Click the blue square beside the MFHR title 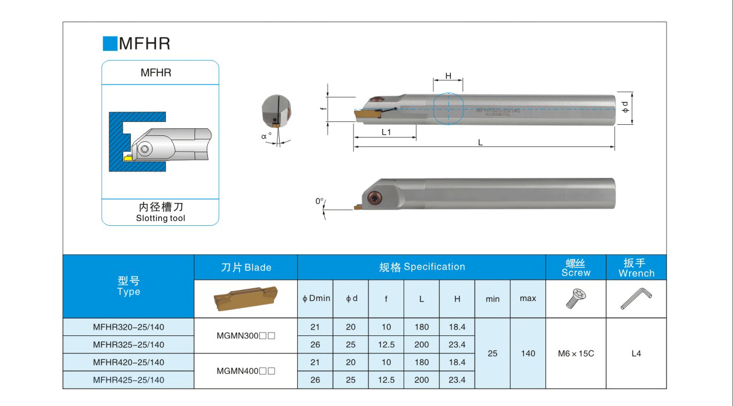110,44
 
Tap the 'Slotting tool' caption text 161,218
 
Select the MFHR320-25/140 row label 128,327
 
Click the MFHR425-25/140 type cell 128,380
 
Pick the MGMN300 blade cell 245,336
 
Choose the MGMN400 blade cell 245,371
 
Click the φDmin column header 316,299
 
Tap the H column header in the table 457,299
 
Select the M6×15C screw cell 576,353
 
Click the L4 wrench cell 636,353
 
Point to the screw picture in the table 576,299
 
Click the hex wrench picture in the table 636,299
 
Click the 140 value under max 528,353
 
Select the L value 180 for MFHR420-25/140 421,362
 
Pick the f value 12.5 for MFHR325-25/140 386,345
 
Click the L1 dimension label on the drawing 386,132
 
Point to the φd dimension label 625,107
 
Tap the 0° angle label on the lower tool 319,201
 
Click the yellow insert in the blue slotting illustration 127,157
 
